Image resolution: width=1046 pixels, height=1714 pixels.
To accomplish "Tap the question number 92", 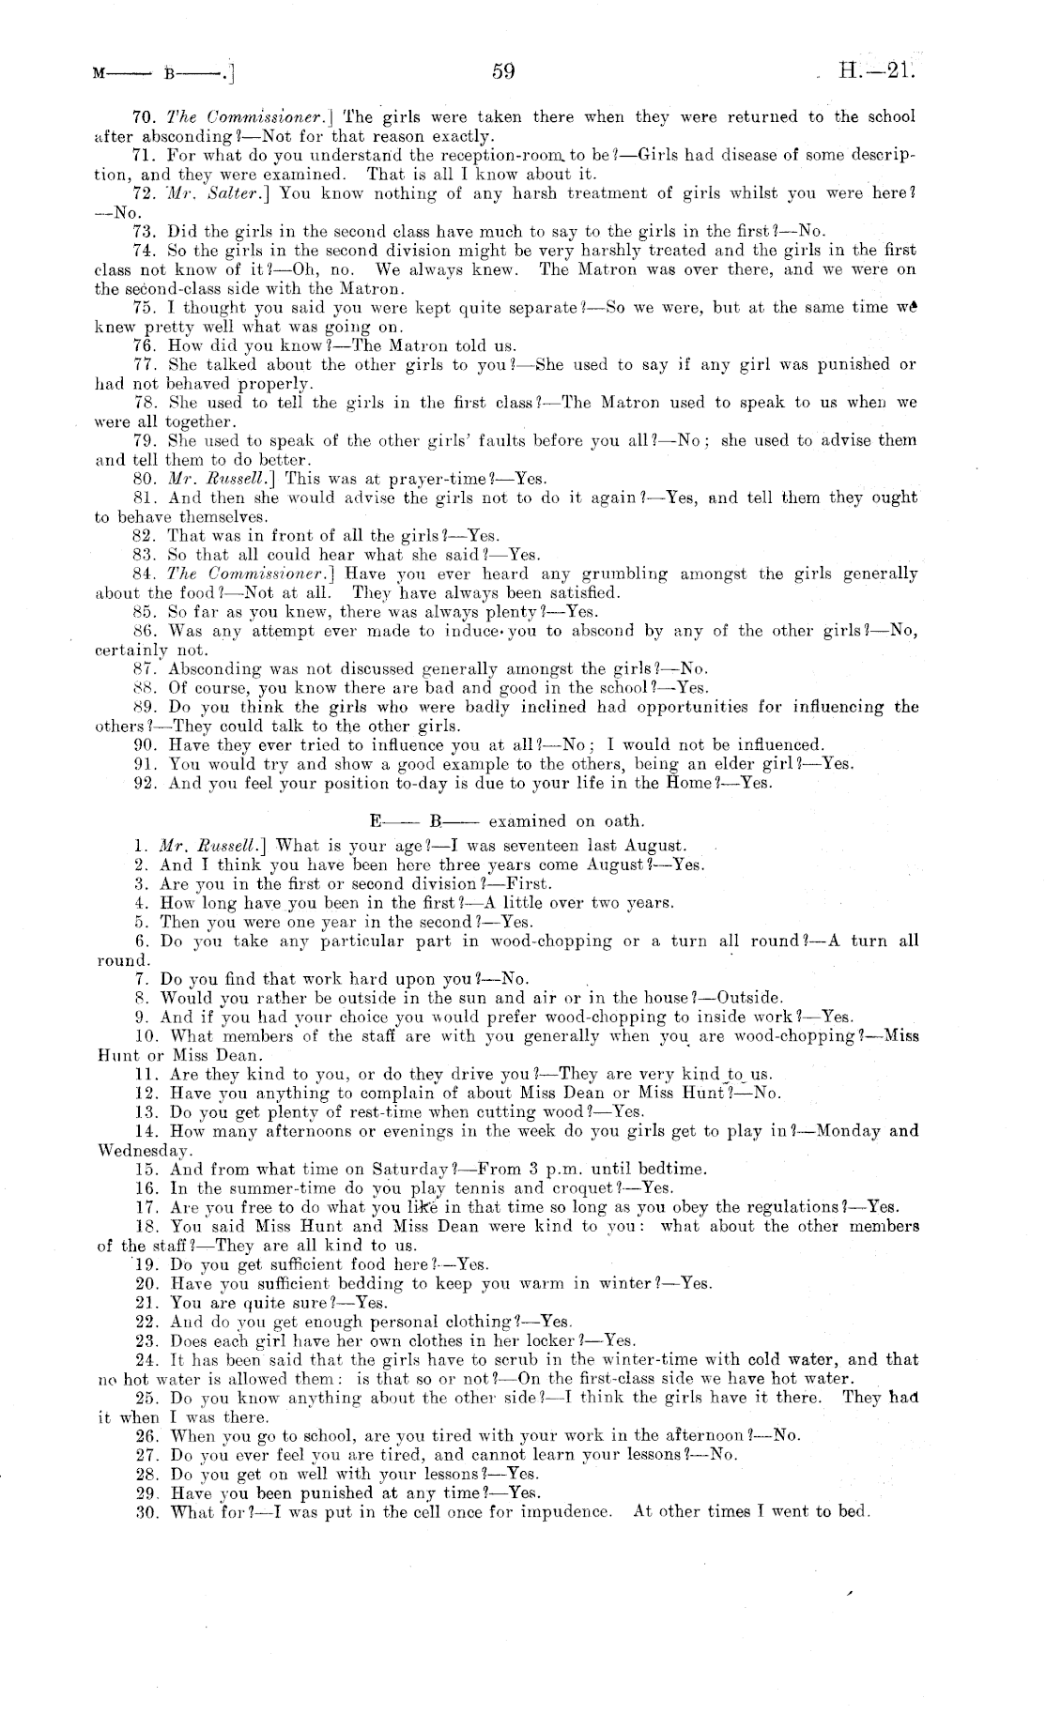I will coord(146,783).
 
